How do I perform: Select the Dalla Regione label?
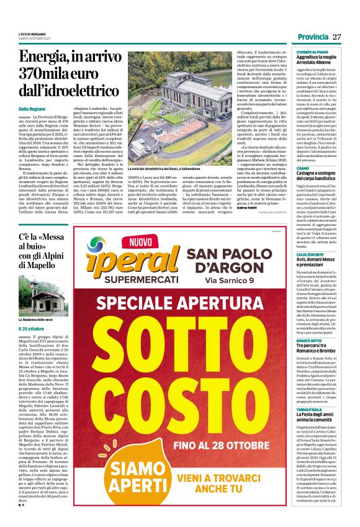pyautogui.click(x=32, y=108)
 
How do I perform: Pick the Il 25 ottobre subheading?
pyautogui.click(x=30, y=328)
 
